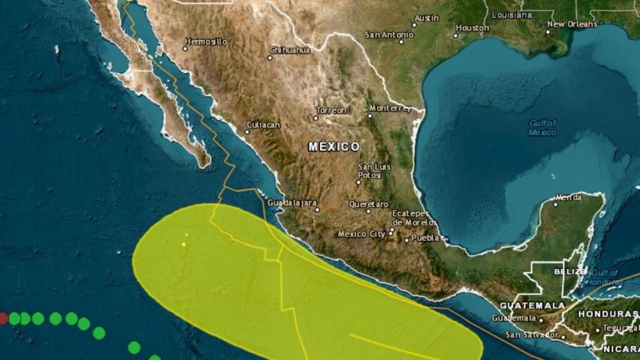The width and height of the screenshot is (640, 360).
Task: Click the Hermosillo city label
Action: click(x=206, y=41)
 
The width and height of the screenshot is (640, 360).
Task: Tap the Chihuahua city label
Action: click(x=291, y=49)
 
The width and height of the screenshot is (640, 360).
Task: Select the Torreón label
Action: click(x=331, y=110)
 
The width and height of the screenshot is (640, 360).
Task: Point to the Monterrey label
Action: click(x=391, y=107)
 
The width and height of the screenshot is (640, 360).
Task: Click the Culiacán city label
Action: click(x=264, y=125)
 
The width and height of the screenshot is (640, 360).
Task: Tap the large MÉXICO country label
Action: click(x=334, y=146)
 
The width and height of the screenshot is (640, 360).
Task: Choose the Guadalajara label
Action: click(x=292, y=203)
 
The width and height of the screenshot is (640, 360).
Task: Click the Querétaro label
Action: click(x=369, y=204)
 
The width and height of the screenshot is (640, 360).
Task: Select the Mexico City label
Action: click(x=361, y=234)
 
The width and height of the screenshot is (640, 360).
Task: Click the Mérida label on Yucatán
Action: click(x=568, y=197)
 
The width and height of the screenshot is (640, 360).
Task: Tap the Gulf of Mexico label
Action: click(x=542, y=127)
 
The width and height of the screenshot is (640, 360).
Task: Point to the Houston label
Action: click(x=472, y=27)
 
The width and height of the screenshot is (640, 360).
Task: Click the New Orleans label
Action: click(x=572, y=24)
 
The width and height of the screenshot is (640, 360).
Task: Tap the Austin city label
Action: click(x=427, y=17)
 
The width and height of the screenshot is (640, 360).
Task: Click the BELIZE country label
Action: click(x=570, y=272)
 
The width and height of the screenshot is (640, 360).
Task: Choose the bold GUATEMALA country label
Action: click(x=532, y=305)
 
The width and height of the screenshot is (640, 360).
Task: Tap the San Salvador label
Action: click(x=531, y=335)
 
